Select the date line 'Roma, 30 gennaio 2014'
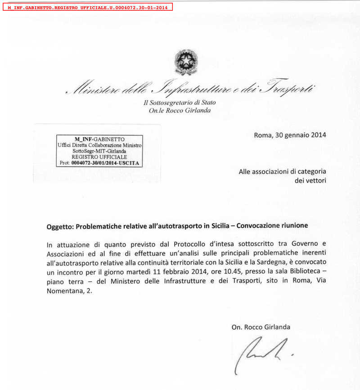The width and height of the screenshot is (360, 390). pos(290,134)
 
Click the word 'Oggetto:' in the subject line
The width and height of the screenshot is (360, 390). pos(60,226)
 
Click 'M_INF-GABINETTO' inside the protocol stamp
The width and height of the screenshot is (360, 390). pos(99,139)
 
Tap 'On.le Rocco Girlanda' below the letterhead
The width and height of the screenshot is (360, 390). pos(180,111)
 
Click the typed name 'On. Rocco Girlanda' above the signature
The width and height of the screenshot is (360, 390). pos(261,327)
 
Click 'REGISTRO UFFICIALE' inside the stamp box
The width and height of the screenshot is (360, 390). pos(99,157)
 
